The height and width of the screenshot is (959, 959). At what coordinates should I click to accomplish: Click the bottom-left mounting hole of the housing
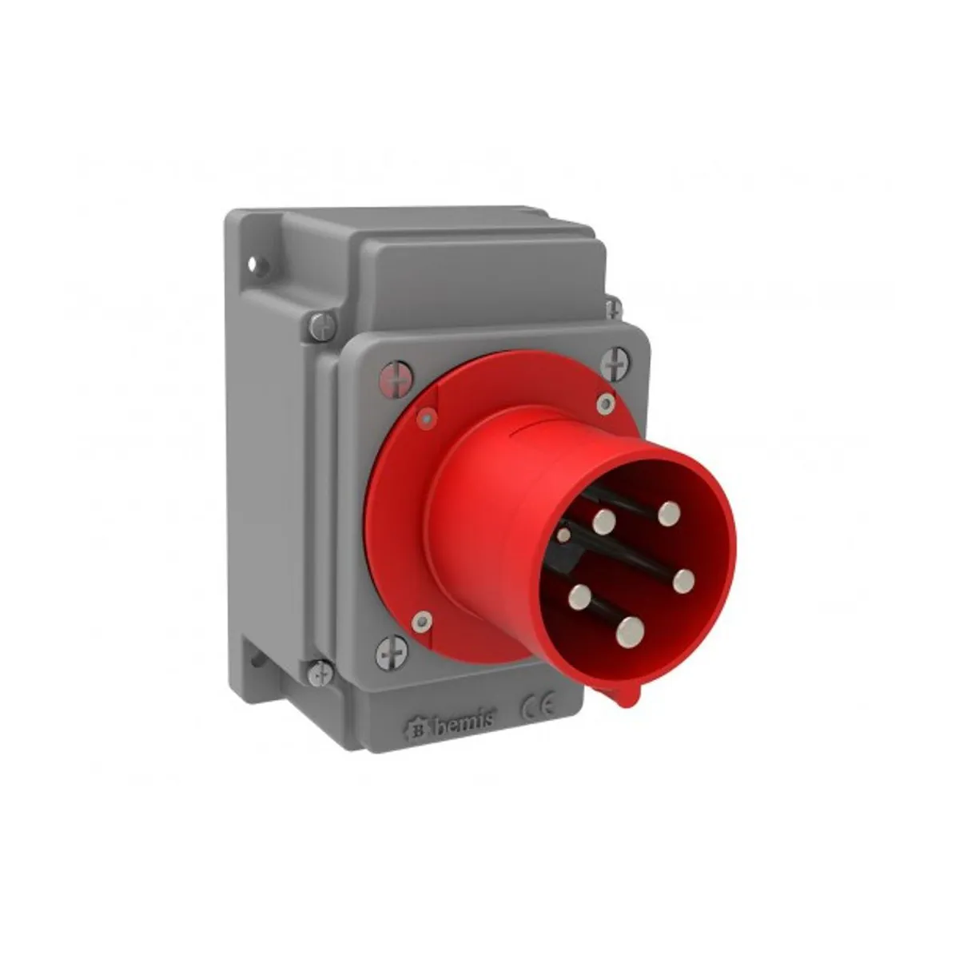point(257,661)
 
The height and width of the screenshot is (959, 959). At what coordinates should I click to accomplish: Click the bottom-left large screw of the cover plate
point(392,652)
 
